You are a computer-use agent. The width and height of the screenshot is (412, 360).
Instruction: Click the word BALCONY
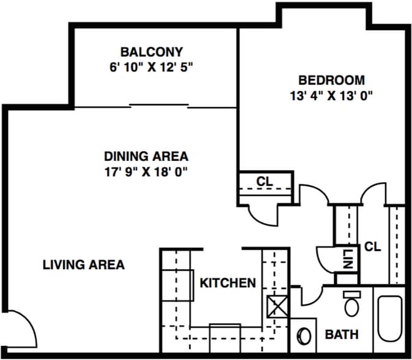tap(151, 52)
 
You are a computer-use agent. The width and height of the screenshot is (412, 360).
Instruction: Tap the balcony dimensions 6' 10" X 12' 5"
tap(151, 67)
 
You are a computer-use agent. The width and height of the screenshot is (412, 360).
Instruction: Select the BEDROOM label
tap(331, 80)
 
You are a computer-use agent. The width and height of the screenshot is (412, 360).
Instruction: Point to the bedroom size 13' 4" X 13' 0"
tap(331, 96)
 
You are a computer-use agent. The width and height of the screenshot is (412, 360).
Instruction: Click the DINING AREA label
tap(146, 156)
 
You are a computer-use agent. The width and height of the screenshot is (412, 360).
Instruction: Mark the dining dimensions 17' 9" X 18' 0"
tap(146, 171)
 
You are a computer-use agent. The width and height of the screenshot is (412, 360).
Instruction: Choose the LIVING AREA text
tap(83, 264)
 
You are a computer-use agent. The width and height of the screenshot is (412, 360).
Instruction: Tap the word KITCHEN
tap(227, 283)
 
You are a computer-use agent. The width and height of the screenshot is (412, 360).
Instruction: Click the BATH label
tap(341, 334)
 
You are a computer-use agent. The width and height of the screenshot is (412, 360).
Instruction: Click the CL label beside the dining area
tap(264, 181)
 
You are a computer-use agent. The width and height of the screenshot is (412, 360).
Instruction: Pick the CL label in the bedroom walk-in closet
tap(372, 247)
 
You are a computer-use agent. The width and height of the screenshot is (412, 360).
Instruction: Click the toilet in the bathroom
tap(351, 304)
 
